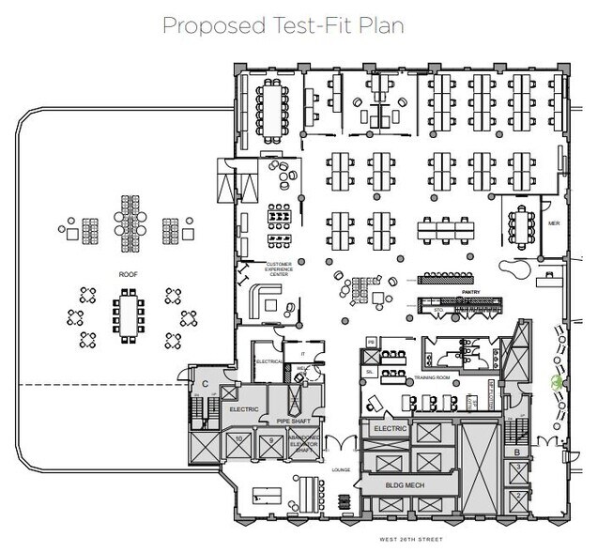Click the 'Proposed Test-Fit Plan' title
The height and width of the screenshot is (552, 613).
283,24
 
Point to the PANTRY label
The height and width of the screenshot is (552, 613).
471,292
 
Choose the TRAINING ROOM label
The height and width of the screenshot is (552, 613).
433,376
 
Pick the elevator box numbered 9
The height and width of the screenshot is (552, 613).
270,439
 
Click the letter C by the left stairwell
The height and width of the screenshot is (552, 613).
205,382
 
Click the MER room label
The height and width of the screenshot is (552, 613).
554,223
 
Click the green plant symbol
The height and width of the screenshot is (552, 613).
555,383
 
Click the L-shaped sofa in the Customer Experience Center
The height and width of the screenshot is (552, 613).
267,301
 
